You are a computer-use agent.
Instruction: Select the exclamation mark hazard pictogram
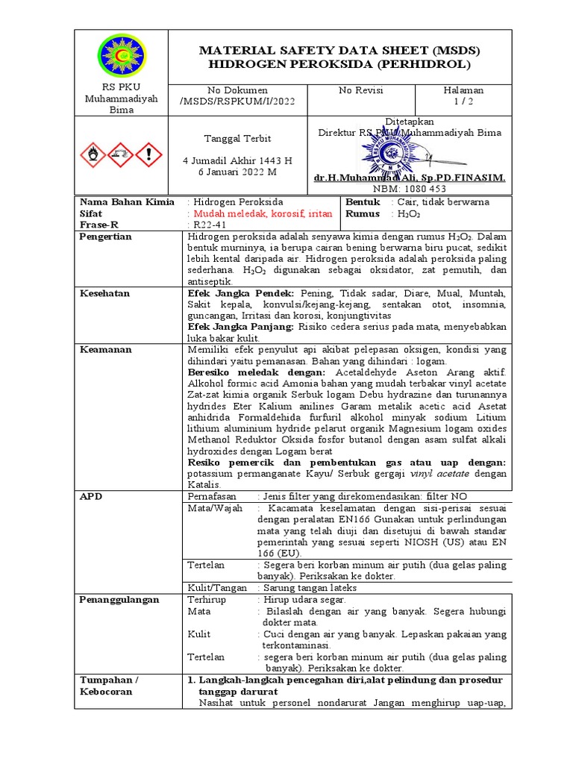tap(150, 154)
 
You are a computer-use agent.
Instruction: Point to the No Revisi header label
tap(361, 90)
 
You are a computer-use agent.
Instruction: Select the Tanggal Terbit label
tap(228, 139)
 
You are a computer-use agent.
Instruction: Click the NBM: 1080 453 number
tap(410, 190)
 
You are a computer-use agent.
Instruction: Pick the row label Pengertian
tap(105, 237)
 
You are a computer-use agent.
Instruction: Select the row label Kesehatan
tap(104, 293)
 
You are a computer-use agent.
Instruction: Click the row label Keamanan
tap(105, 349)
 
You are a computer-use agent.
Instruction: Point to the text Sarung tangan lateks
tap(307, 587)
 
